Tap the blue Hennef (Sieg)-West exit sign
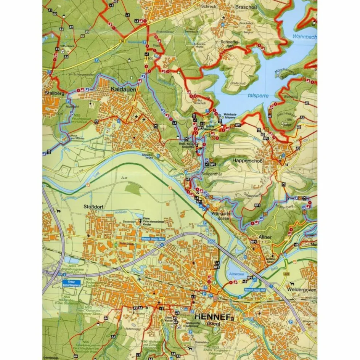point(153,239)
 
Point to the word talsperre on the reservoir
point(258,96)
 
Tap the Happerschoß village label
point(247,161)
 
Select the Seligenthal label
point(211,174)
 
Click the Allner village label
point(265,237)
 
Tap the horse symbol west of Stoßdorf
point(58,211)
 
